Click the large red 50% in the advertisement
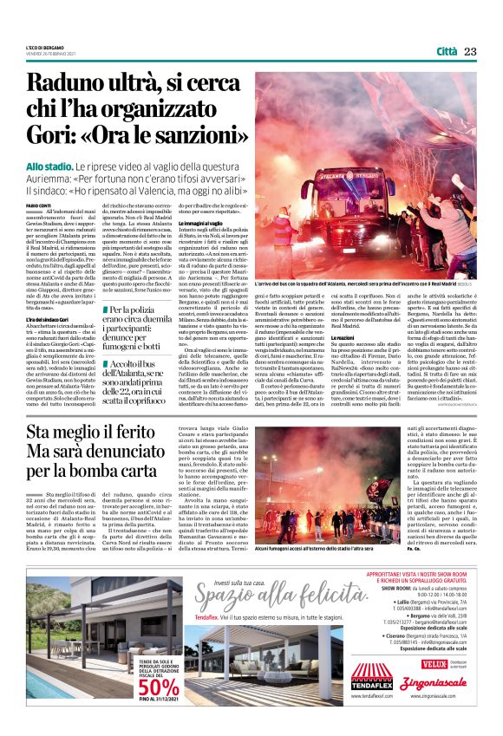pyautogui.click(x=157, y=687)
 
